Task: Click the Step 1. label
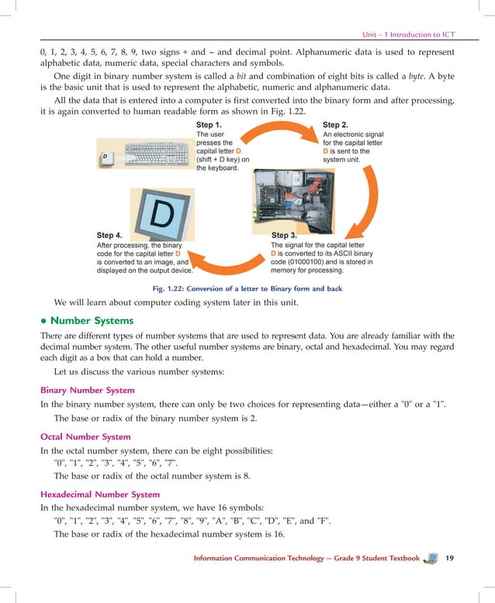point(209,125)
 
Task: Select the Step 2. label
point(335,125)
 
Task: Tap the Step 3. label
point(285,235)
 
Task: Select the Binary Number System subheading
point(88,390)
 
